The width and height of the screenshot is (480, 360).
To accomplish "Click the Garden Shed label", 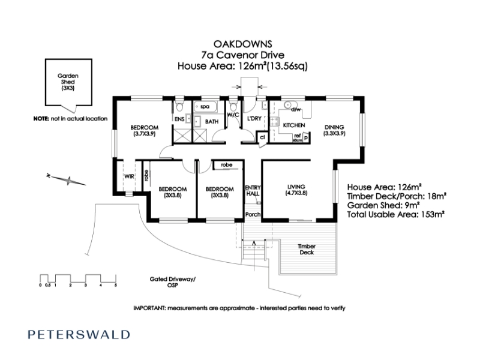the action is click(68, 82).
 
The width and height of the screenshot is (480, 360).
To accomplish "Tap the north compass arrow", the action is click(67, 180).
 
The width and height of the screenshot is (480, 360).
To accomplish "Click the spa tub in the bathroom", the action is click(205, 107).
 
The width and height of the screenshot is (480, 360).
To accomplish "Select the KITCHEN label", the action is click(294, 125).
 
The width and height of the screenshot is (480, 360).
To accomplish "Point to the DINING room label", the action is click(334, 130).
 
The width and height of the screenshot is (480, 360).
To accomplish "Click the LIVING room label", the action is click(296, 190).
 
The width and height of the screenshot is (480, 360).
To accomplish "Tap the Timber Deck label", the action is click(307, 249).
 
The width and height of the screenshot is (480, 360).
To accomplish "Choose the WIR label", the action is click(129, 176).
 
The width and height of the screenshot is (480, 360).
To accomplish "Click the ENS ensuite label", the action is click(179, 119).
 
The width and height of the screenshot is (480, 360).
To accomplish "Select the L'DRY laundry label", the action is click(254, 118).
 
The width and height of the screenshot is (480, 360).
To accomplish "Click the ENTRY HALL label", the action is click(253, 190).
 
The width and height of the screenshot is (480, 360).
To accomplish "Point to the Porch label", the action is click(253, 214).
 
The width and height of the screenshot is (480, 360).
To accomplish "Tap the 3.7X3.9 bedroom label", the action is click(145, 131).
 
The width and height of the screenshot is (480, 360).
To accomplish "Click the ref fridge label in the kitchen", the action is click(297, 136).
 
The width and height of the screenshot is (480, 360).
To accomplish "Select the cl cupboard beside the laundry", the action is click(262, 137).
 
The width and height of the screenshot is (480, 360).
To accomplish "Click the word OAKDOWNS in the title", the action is click(243, 44).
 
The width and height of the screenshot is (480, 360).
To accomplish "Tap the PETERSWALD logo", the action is click(79, 334).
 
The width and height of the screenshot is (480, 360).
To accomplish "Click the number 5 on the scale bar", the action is click(116, 286).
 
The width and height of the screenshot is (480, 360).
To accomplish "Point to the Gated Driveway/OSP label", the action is click(172, 282).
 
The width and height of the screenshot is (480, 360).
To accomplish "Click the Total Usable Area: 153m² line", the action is click(396, 214).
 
